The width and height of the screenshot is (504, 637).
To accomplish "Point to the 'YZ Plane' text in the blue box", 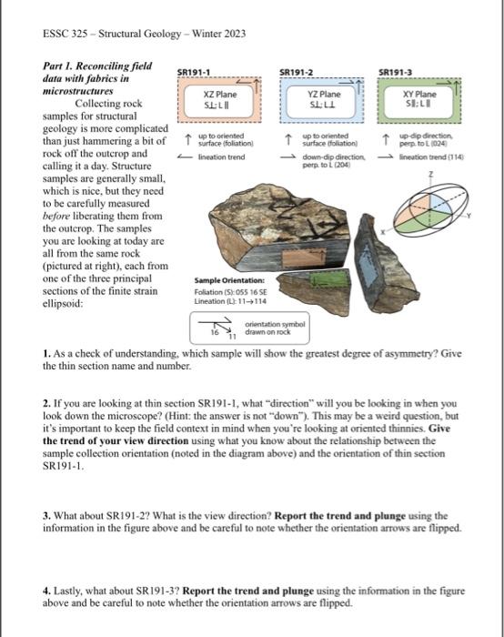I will point(324,94).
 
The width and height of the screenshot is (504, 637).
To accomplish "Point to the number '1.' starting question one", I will point(47,351).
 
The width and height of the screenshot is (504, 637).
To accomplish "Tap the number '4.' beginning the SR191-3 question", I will point(47,565).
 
